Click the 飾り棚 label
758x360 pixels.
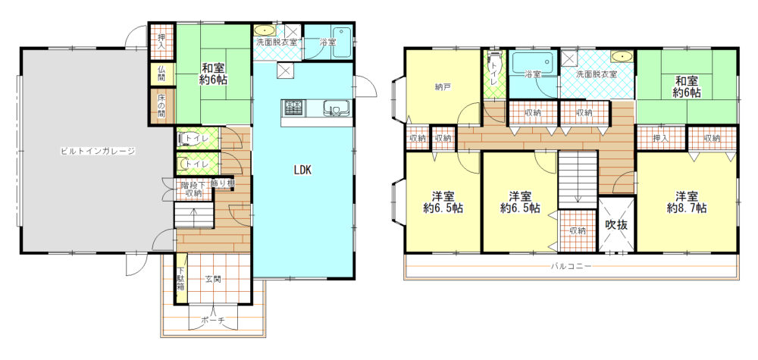coord(223,183)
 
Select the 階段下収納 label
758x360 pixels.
coord(192,189)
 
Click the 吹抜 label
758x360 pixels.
coord(616,224)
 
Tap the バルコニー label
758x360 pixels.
coord(571,266)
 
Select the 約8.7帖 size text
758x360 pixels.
coord(687,208)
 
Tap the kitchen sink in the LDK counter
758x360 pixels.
coord(334,108)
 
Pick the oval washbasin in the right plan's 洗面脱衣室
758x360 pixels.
coord(621,57)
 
